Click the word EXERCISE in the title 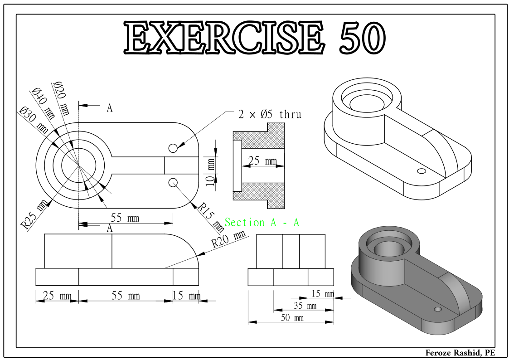pos(224,37)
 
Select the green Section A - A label pos(262,223)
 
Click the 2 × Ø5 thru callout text pos(270,114)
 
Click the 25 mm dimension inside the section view pos(263,161)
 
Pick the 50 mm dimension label pos(292,318)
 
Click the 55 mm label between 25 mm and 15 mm pos(126,296)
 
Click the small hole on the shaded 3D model pos(437,309)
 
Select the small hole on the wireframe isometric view pos(421,171)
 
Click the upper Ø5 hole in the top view pos(173,148)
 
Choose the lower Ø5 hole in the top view pos(173,182)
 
